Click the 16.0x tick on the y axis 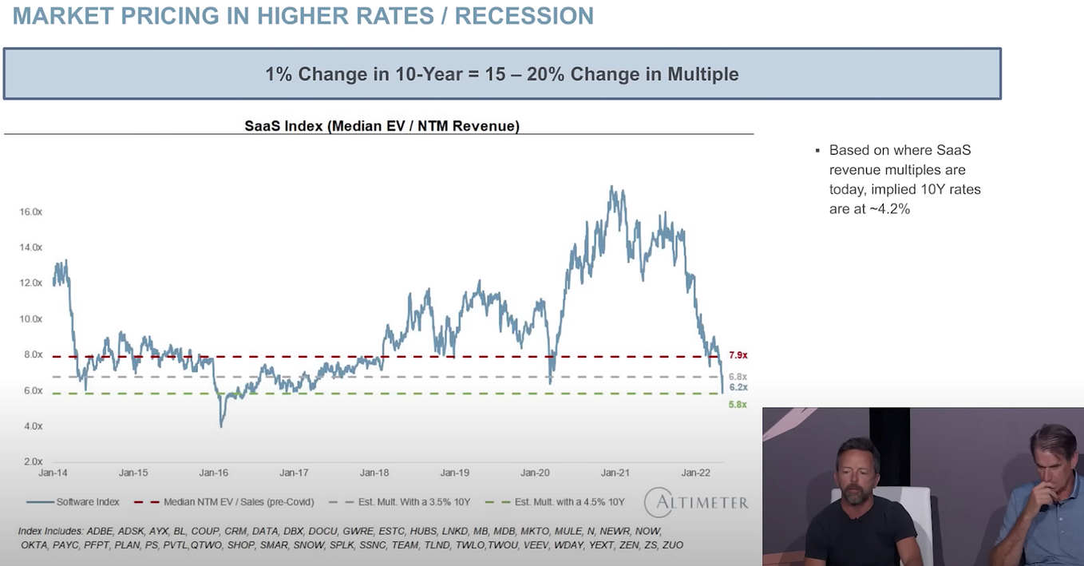coord(30,212)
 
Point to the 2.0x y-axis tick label coord(30,461)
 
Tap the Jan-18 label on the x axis coord(374,473)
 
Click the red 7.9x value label coord(738,355)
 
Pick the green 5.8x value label coord(738,405)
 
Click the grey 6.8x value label coord(738,376)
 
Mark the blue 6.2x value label coord(738,387)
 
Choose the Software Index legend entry coord(87,502)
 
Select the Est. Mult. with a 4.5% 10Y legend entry coord(569,502)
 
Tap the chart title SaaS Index coord(382,126)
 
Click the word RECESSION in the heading coord(524,15)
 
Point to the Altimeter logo coord(697,502)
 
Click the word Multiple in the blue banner coord(698,74)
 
